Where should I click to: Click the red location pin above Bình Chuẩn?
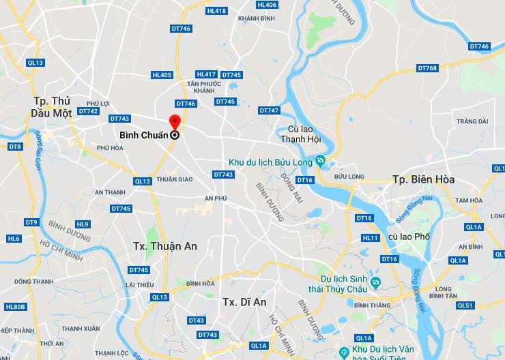175,123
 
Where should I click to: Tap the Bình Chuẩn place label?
143,135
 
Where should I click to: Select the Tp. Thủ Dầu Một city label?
56,106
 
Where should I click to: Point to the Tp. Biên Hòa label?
423,179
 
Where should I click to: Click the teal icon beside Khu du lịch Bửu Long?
319,162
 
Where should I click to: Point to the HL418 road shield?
216,11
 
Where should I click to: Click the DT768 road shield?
427,68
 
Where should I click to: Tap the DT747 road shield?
269,110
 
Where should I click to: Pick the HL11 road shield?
371,238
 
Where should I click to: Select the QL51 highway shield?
464,305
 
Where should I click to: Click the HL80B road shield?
15,307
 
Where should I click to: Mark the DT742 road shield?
88,111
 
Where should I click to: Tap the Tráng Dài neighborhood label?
472,121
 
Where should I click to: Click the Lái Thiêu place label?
139,284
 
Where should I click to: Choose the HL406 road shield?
268,5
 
